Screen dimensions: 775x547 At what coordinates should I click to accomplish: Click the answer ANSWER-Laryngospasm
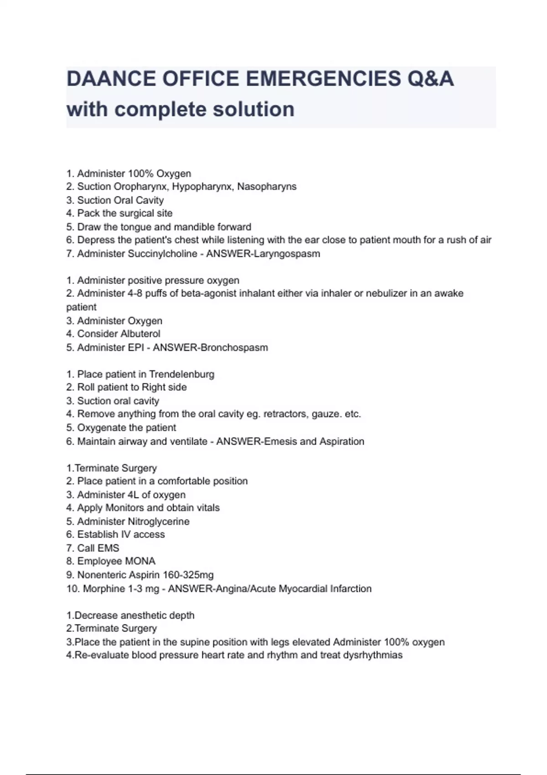263,254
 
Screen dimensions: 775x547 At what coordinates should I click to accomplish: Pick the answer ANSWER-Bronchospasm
210,347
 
